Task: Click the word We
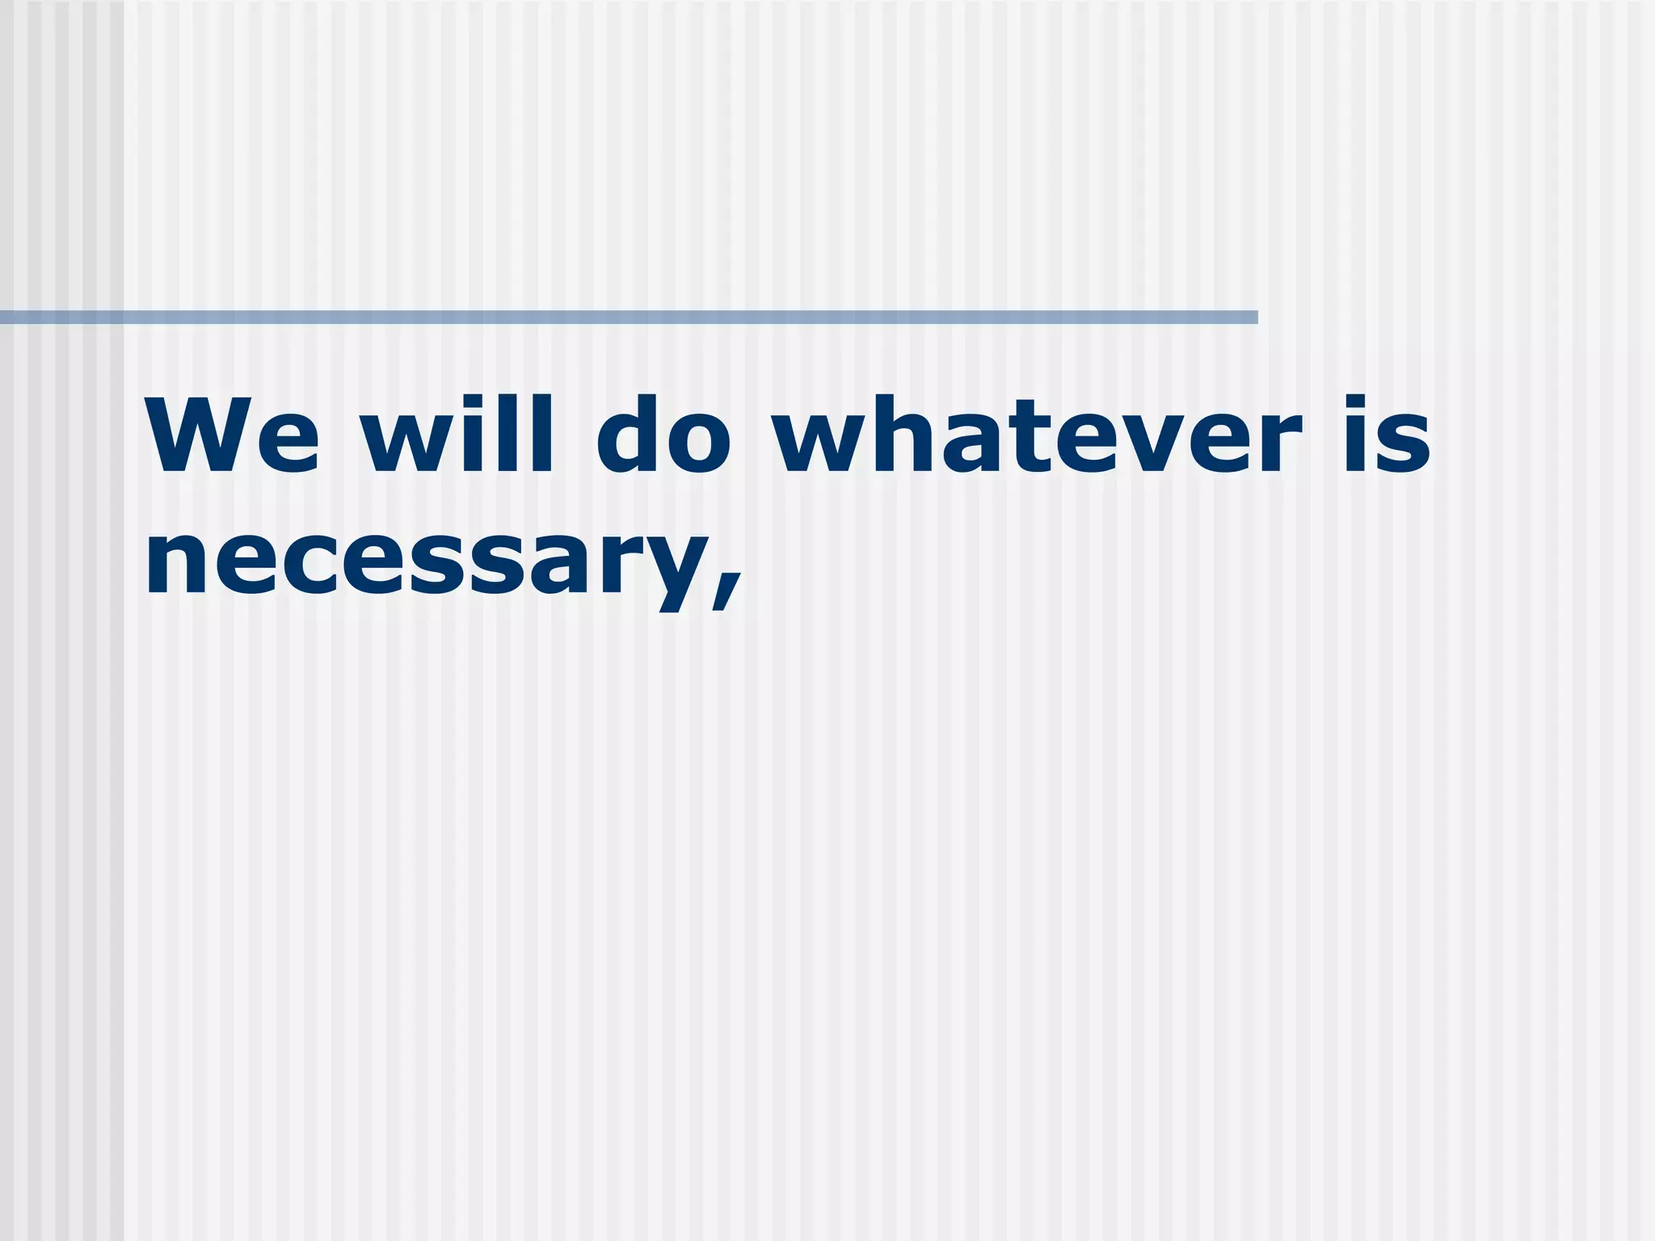tap(233, 435)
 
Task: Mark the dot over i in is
tap(1358, 404)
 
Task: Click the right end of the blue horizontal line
tap(1255, 318)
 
